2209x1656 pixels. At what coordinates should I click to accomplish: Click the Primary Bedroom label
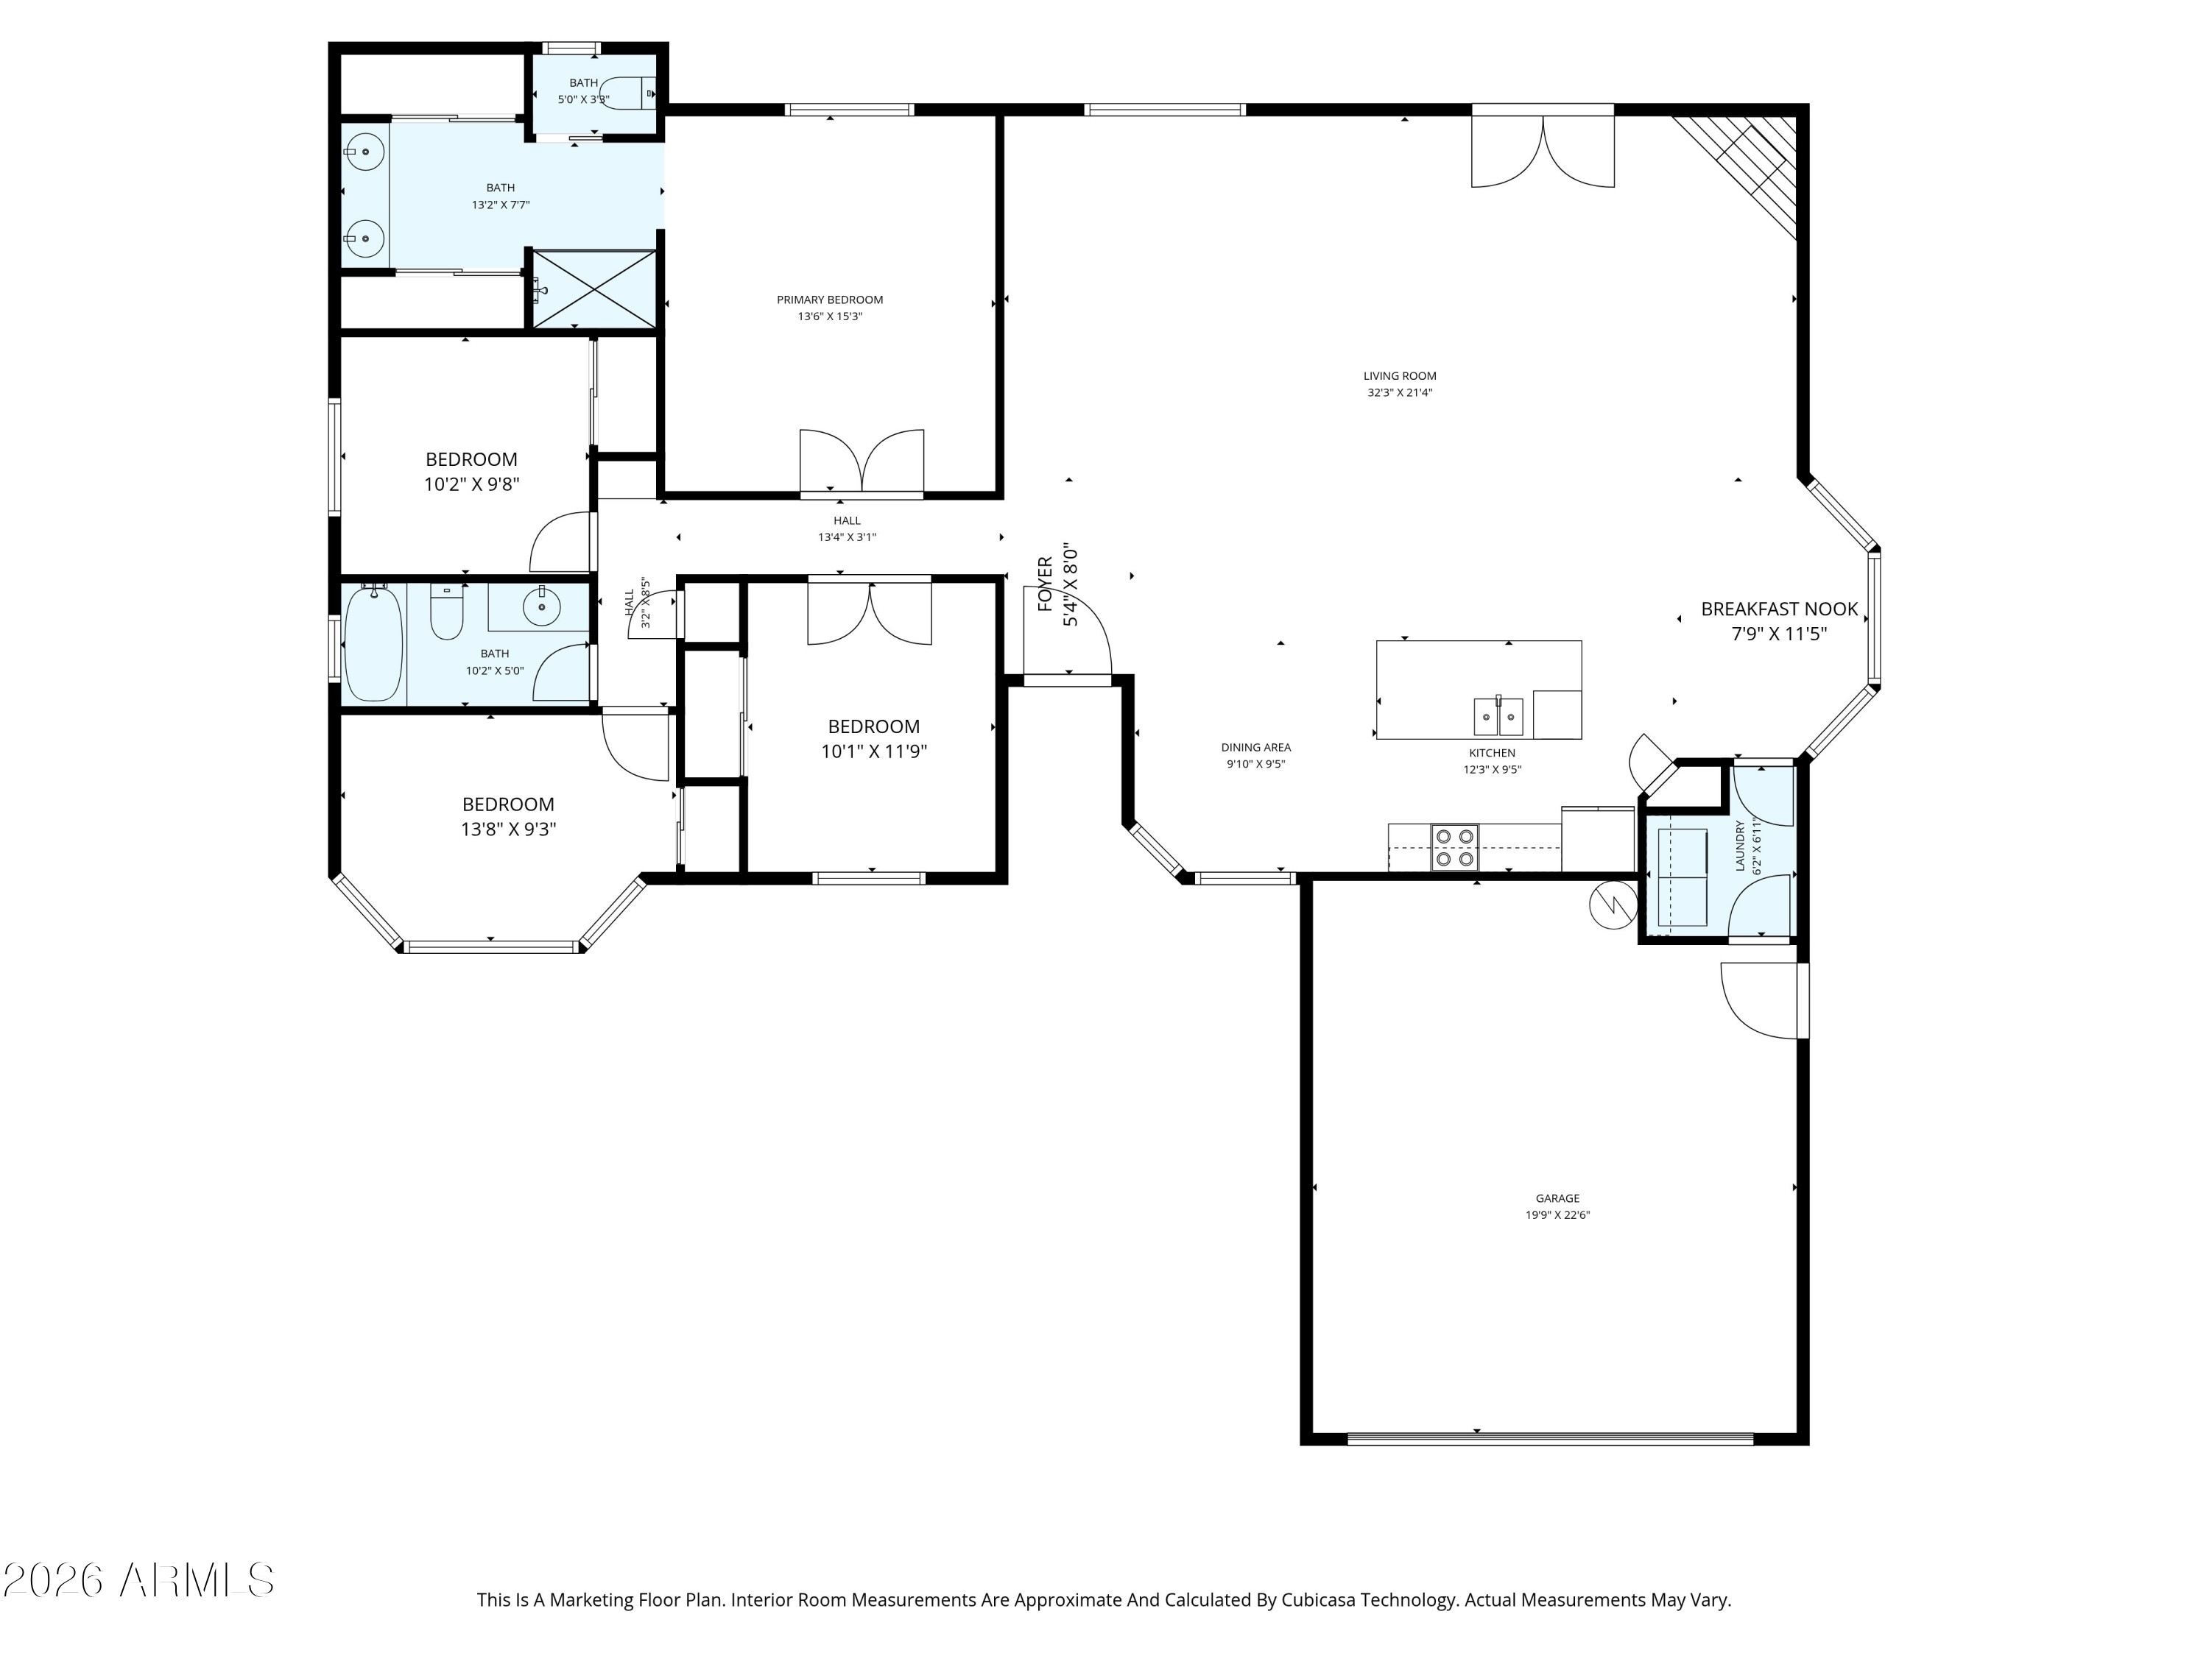(830, 300)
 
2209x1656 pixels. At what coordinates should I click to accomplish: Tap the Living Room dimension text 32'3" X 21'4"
(1400, 393)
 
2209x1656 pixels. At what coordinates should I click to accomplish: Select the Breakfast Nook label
(1780, 609)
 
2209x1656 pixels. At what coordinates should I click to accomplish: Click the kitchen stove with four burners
(1455, 847)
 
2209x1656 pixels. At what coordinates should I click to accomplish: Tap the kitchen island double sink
(1498, 717)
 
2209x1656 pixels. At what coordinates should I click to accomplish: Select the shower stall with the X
(594, 289)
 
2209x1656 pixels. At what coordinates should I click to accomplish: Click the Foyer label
(1046, 584)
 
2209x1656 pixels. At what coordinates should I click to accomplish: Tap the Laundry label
(1741, 846)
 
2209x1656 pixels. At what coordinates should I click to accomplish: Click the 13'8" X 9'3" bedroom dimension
(508, 829)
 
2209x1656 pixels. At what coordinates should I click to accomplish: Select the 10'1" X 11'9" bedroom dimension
(874, 751)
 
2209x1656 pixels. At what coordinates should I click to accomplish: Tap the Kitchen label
(1492, 754)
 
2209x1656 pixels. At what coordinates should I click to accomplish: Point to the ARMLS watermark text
(139, 1581)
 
